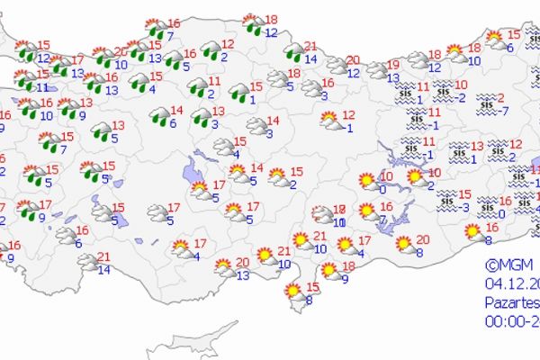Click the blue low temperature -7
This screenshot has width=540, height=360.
(504, 111)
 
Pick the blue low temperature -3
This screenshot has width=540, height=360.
(465, 208)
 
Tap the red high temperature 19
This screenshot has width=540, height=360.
(393, 65)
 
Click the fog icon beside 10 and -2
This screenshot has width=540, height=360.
(443, 90)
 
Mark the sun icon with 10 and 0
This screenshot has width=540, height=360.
(367, 182)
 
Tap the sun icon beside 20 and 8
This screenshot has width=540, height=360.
(404, 244)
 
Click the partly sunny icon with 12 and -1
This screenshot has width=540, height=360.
(329, 120)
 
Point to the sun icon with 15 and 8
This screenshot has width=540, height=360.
(292, 292)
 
